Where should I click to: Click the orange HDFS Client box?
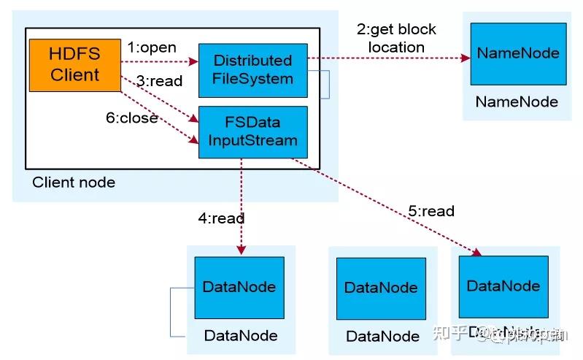(x=74, y=65)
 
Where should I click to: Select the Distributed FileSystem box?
(x=252, y=69)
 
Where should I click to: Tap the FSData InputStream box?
(x=252, y=131)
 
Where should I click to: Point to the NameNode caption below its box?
(x=517, y=102)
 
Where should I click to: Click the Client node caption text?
(x=74, y=182)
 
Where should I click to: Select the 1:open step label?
(x=152, y=47)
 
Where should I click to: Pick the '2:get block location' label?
(x=396, y=38)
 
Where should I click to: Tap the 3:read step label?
(x=159, y=81)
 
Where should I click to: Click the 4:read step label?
(x=221, y=218)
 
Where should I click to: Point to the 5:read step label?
(x=431, y=211)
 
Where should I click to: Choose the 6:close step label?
(x=132, y=118)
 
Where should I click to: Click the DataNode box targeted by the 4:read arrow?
(x=239, y=287)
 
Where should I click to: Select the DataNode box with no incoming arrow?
(x=381, y=288)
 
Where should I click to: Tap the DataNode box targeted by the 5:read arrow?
(x=503, y=286)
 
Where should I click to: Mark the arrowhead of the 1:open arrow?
(x=194, y=63)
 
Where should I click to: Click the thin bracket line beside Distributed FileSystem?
(x=329, y=84)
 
